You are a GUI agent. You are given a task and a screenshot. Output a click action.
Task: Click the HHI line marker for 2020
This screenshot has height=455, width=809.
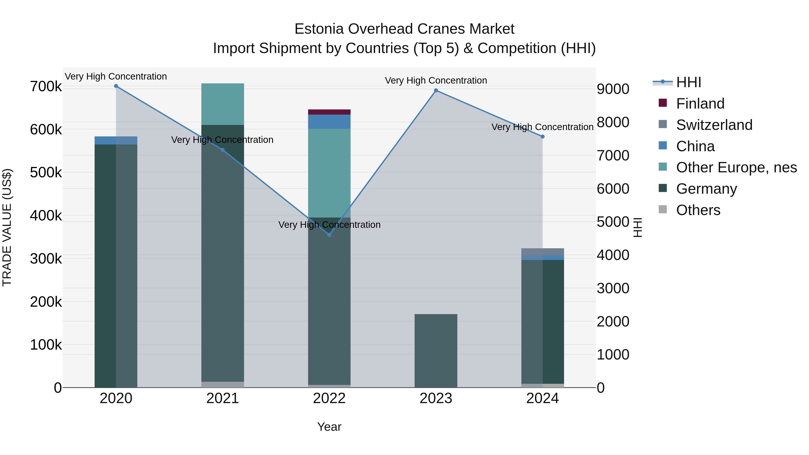click(116, 86)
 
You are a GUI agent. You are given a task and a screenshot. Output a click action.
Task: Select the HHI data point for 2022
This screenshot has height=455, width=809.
click(329, 235)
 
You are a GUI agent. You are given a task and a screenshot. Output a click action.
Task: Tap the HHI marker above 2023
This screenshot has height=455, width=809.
click(436, 90)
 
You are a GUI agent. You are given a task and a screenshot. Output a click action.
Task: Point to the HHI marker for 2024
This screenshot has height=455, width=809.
click(542, 137)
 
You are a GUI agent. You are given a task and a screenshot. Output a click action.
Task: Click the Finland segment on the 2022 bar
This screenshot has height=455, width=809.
click(329, 112)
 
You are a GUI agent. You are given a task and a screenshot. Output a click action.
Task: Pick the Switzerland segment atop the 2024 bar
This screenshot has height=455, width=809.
click(542, 252)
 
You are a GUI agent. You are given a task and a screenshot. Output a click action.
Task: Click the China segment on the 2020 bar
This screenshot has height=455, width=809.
click(116, 140)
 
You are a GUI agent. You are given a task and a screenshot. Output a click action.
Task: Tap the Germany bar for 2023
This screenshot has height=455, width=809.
click(436, 351)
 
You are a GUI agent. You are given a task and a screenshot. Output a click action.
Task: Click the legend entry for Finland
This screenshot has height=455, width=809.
click(700, 104)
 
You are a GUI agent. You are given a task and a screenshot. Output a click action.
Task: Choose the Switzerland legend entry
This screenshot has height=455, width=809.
click(714, 125)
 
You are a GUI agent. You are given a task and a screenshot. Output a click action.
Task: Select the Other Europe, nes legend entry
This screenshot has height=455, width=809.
click(736, 167)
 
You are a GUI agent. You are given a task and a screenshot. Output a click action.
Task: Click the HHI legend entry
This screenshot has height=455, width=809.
click(688, 82)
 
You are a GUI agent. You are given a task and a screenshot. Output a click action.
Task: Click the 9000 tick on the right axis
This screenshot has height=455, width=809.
click(613, 89)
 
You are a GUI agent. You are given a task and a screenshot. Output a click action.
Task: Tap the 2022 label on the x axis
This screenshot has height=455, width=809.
click(329, 398)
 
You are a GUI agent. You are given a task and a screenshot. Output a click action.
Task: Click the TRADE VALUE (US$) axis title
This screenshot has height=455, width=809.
click(7, 227)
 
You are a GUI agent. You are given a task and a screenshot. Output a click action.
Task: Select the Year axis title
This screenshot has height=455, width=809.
click(329, 427)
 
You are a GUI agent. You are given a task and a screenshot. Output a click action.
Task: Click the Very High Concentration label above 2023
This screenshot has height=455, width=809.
click(436, 80)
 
